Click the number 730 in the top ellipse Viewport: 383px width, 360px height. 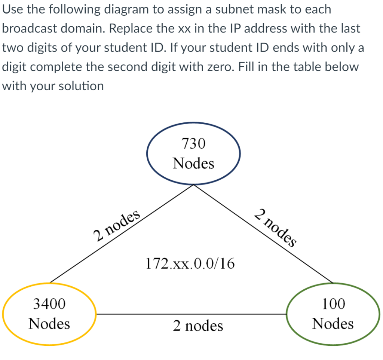tap(193, 143)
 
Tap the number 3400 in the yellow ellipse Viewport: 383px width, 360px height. tap(49, 304)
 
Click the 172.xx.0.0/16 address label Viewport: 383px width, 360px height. tap(190, 264)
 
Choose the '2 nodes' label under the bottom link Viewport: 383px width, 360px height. tap(198, 326)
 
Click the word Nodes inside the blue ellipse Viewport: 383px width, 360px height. tap(193, 164)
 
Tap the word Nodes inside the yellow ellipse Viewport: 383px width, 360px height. tap(49, 323)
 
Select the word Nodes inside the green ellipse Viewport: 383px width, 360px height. tap(333, 323)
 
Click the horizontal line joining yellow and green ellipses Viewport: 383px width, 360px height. tap(191, 314)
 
